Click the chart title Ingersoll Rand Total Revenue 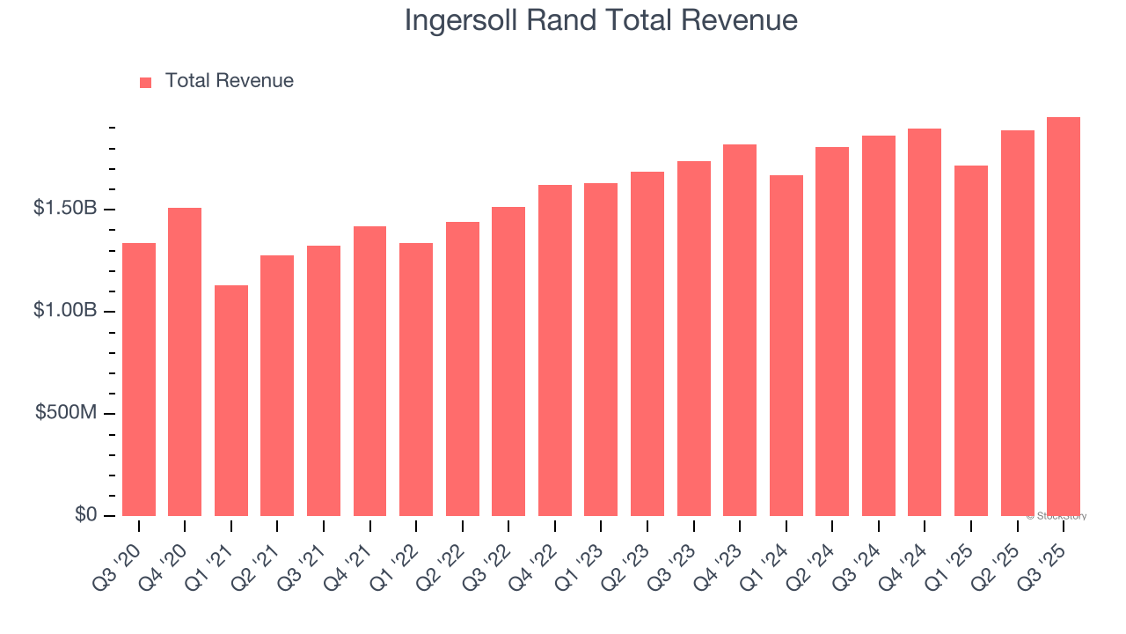[601, 21]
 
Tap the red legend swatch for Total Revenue [146, 82]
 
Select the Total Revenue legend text [229, 81]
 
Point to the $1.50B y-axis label [65, 209]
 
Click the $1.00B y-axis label [65, 311]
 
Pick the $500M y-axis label [66, 413]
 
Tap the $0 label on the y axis [85, 515]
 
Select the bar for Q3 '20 [139, 379]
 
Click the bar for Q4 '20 [185, 361]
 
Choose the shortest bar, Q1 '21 [231, 401]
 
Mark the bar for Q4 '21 [369, 370]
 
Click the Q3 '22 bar [508, 361]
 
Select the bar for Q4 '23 [740, 330]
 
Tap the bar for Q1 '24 [786, 345]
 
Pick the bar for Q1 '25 [971, 341]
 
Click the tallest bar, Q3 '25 [1064, 317]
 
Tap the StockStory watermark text [1056, 516]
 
